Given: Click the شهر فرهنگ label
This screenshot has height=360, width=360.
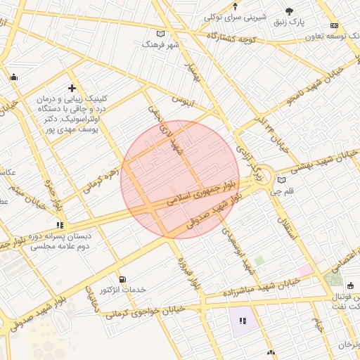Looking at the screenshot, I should tap(161, 44).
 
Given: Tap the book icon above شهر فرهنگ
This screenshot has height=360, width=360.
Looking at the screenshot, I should tap(161, 34).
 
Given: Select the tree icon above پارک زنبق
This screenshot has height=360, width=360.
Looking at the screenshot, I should tap(290, 11).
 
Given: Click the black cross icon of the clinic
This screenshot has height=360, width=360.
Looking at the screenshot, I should tap(72, 88).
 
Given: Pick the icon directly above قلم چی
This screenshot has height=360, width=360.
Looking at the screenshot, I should tap(281, 180).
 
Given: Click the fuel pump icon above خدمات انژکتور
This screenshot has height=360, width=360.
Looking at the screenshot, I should tap(123, 279).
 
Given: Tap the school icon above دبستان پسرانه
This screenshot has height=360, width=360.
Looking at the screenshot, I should tap(60, 225).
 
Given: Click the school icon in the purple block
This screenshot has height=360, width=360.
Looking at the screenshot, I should tap(243, 321).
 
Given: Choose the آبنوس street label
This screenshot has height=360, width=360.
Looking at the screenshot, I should tap(182, 101).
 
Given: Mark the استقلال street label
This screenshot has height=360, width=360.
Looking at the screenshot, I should tap(289, 229).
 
